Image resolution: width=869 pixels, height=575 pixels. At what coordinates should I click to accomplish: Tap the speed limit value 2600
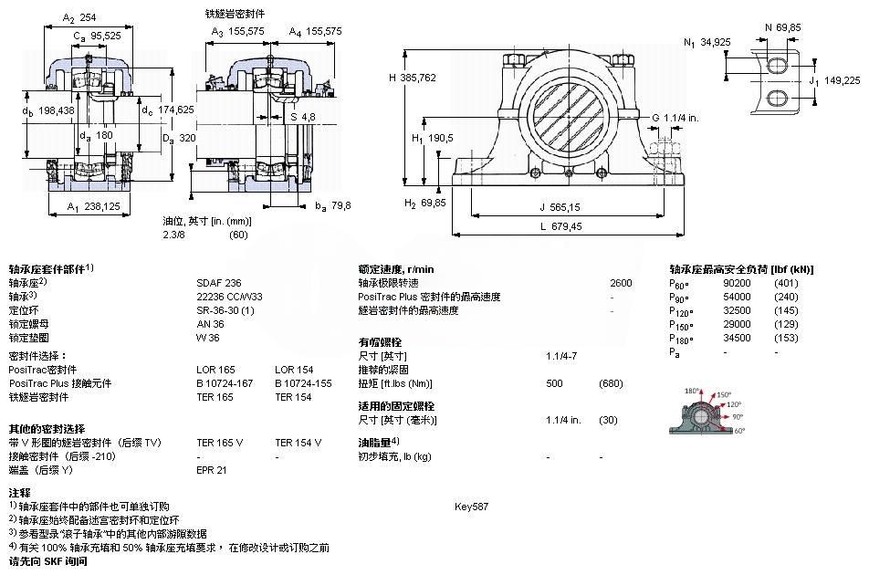point(621,283)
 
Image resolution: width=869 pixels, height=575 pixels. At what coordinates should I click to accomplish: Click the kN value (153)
point(786,338)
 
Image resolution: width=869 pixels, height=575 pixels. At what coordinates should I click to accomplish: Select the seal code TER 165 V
point(220,443)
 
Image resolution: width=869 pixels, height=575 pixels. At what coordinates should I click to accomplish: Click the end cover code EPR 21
point(212,470)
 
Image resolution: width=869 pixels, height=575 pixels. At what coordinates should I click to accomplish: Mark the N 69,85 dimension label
point(785,28)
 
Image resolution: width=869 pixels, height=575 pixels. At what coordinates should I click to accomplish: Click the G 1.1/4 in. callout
point(675,117)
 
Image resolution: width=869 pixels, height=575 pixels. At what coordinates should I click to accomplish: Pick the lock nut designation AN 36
point(210,324)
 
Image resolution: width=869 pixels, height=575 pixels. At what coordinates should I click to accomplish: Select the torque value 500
point(554,383)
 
